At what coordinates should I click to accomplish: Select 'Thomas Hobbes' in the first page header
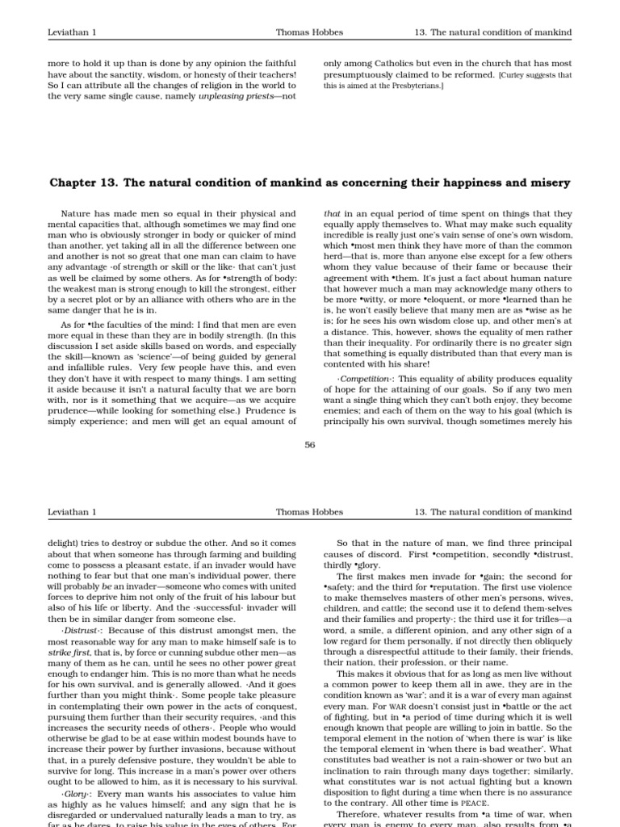[309, 32]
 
